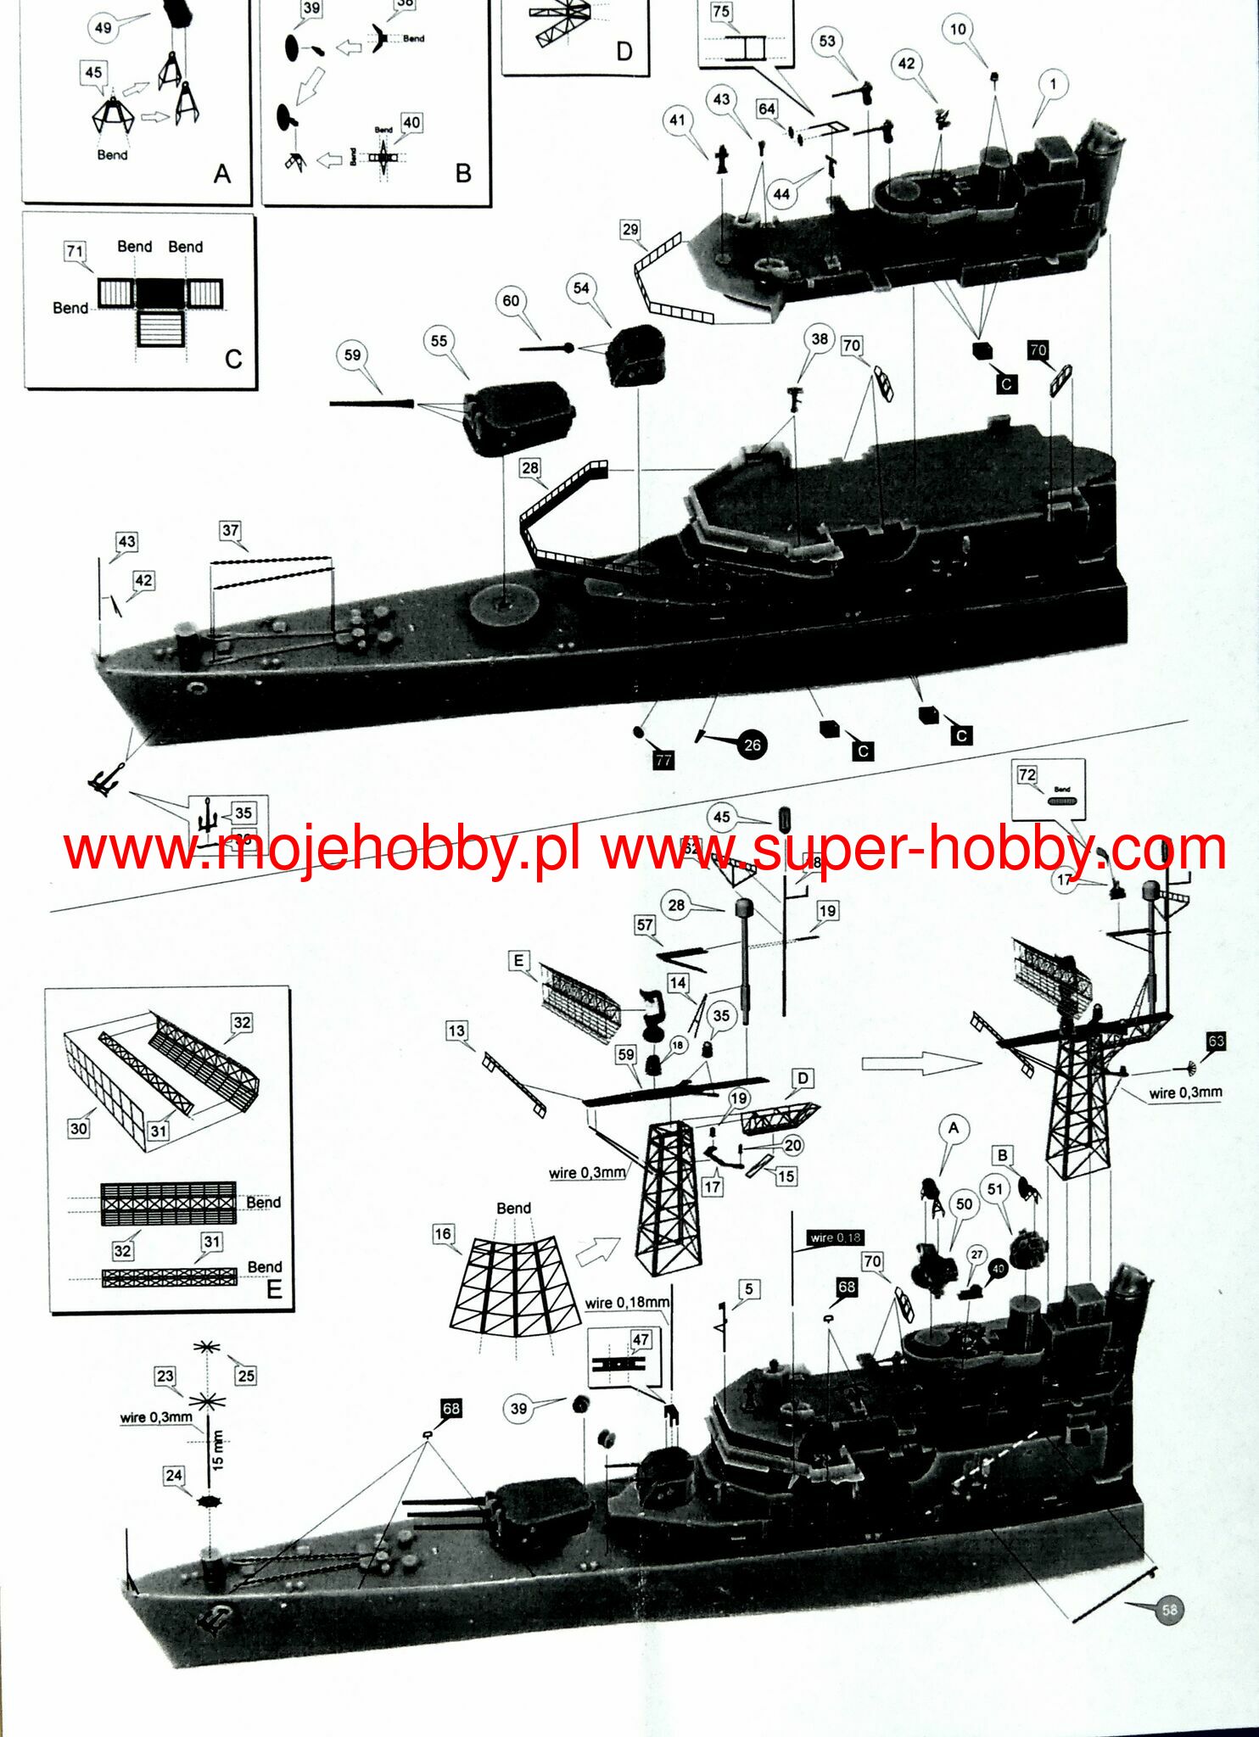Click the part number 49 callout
click(x=103, y=28)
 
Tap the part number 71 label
click(x=75, y=251)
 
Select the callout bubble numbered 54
click(x=580, y=288)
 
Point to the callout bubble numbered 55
click(x=439, y=341)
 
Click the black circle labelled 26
click(x=752, y=745)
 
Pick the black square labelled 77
click(x=663, y=760)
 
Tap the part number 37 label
click(x=230, y=531)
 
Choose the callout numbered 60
click(x=511, y=301)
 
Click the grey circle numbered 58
click(x=1169, y=1610)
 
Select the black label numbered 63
click(x=1216, y=1041)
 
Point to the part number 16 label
click(x=443, y=1234)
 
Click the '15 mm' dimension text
click(x=217, y=1450)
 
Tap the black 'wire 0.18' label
click(x=835, y=1237)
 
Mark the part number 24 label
click(x=174, y=1476)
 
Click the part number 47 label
click(x=641, y=1339)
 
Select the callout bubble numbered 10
click(x=958, y=30)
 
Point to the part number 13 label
click(x=456, y=1030)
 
